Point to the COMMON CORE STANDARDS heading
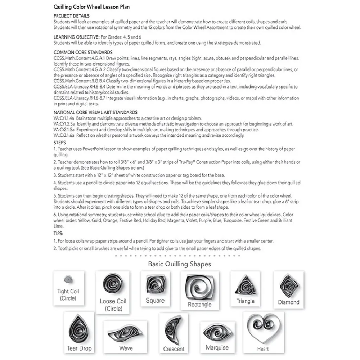click(x=83, y=53)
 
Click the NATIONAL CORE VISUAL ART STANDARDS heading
click(x=95, y=113)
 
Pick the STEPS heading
click(x=59, y=143)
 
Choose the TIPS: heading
click(x=59, y=234)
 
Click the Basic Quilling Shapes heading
click(x=179, y=264)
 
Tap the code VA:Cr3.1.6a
click(x=64, y=135)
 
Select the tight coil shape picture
click(x=67, y=279)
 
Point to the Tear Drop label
click(x=79, y=348)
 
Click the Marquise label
click(x=217, y=348)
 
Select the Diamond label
click(x=288, y=302)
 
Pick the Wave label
click(x=126, y=348)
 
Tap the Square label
click(x=155, y=301)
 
